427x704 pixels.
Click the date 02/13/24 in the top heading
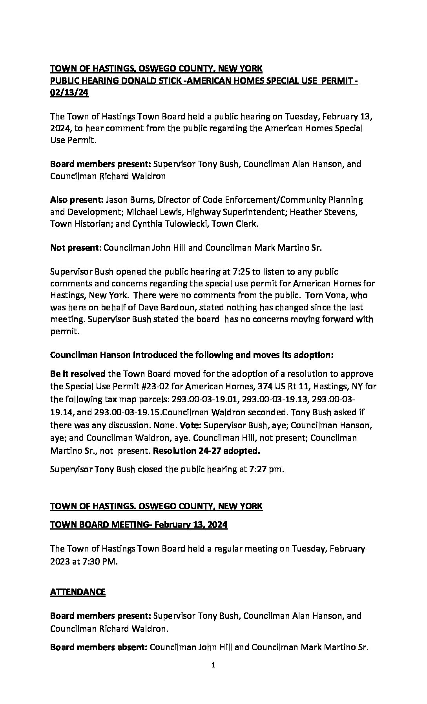click(69, 94)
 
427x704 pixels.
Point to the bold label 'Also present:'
click(77, 200)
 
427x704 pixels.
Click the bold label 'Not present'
click(73, 248)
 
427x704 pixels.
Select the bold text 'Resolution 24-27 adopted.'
click(206, 451)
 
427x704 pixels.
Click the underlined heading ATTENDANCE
click(78, 592)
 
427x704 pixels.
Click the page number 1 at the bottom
click(213, 676)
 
